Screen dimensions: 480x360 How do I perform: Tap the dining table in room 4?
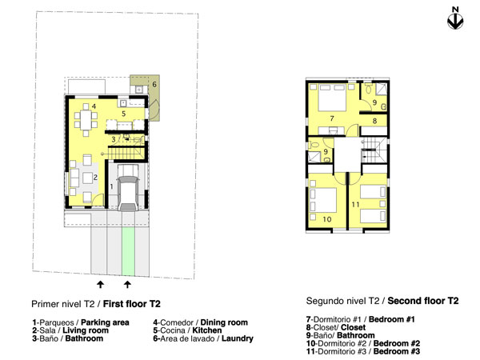click(x=86, y=120)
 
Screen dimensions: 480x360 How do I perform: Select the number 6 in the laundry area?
click(x=154, y=84)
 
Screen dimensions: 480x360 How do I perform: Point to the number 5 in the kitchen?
click(x=124, y=114)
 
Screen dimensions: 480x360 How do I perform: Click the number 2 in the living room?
click(x=95, y=178)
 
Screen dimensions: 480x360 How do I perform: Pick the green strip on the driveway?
click(x=128, y=251)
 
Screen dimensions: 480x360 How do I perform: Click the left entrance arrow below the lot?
click(x=100, y=284)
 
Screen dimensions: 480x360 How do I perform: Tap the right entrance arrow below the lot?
click(x=127, y=284)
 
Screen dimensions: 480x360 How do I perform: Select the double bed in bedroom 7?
click(x=332, y=98)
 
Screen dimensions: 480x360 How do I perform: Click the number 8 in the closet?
click(x=374, y=121)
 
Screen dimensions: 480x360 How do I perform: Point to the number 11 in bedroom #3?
click(x=355, y=204)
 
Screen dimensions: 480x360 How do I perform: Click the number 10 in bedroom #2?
click(x=327, y=219)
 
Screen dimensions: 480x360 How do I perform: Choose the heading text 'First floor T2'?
click(x=132, y=304)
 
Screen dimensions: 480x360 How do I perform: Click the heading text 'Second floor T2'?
click(x=423, y=301)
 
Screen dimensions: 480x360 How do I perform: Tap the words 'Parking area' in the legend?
click(x=105, y=322)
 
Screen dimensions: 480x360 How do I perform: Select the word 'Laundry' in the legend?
click(x=238, y=338)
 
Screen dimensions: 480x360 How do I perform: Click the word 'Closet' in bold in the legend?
click(x=354, y=327)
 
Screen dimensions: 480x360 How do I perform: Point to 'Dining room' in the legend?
click(x=224, y=322)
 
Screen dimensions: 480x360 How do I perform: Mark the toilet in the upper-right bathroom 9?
click(x=368, y=90)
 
